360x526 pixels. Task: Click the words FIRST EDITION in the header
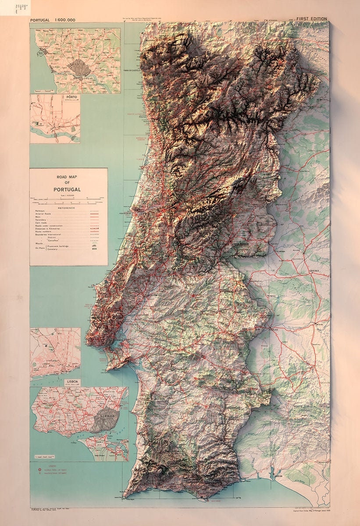[312, 19]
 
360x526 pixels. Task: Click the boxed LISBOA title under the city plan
[72, 382]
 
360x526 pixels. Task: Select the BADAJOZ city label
[322, 325]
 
